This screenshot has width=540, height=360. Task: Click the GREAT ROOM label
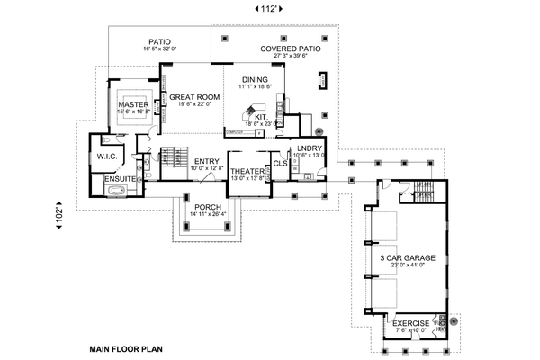tap(194, 96)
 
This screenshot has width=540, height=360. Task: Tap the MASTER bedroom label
tap(132, 105)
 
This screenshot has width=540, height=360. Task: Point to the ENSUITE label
tap(120, 179)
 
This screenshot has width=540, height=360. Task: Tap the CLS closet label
tap(280, 163)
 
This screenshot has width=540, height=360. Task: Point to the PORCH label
tap(206, 205)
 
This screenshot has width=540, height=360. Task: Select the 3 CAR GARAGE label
tap(409, 258)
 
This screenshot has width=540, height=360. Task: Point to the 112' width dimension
tap(267, 10)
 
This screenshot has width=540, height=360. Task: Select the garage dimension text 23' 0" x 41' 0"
tap(409, 266)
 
